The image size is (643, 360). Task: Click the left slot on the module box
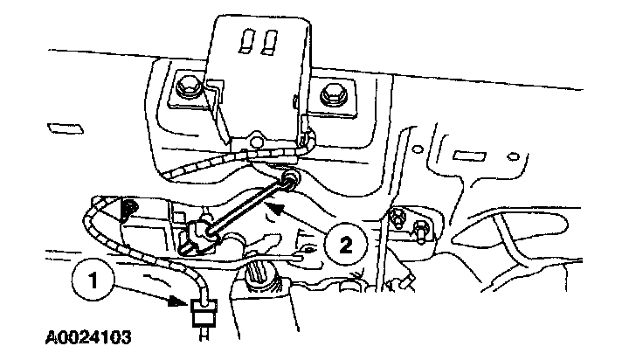tap(245, 41)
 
